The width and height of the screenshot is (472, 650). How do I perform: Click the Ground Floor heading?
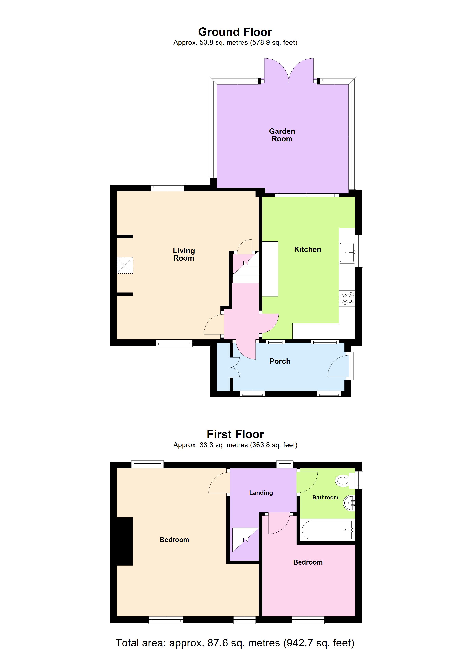pyautogui.click(x=235, y=32)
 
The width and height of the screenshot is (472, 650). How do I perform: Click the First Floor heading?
pyautogui.click(x=235, y=434)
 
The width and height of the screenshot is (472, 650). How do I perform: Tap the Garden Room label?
pyautogui.click(x=282, y=135)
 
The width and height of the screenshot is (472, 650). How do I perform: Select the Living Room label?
pyautogui.click(x=184, y=254)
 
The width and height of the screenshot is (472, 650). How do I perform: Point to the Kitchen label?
pyautogui.click(x=307, y=249)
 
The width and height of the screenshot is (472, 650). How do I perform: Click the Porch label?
pyautogui.click(x=280, y=361)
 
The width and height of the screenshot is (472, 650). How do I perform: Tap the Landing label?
pyautogui.click(x=261, y=493)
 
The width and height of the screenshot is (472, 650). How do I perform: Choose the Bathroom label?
pyautogui.click(x=325, y=497)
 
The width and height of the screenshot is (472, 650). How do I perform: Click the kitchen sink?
pyautogui.click(x=347, y=253)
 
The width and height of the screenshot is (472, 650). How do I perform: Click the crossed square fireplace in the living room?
pyautogui.click(x=125, y=265)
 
